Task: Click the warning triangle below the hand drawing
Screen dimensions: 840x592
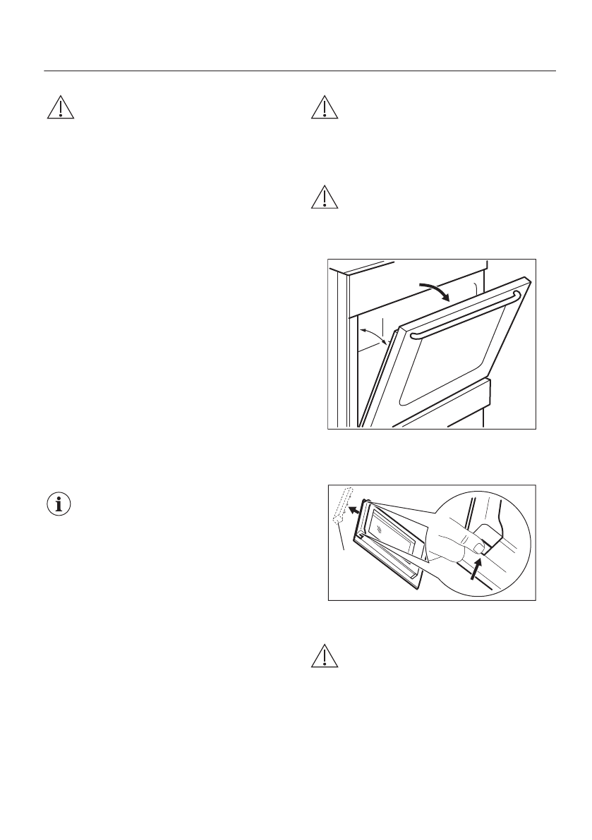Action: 324,657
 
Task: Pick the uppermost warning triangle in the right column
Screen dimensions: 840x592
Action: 324,106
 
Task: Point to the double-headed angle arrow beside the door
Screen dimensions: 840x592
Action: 374,334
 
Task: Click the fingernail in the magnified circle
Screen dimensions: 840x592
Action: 479,547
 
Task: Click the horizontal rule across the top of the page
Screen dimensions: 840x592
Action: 300,71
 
